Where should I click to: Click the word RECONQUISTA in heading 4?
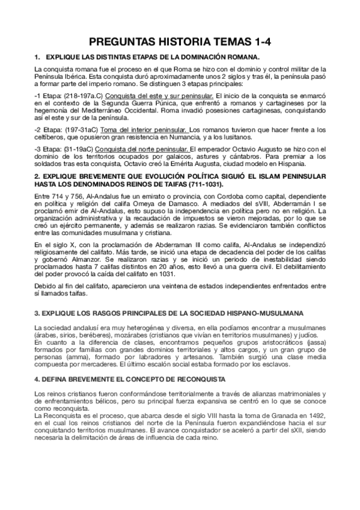[193, 380]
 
